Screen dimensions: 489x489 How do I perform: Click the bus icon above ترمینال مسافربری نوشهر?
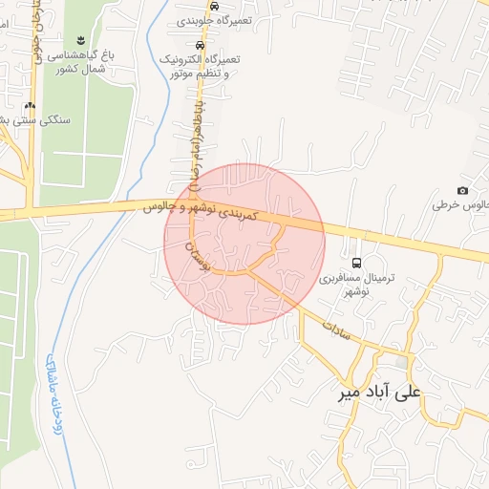point(356,263)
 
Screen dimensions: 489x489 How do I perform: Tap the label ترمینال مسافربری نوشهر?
point(356,284)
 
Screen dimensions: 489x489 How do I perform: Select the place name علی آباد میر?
point(382,392)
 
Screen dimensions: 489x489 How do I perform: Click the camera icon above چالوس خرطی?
point(463,191)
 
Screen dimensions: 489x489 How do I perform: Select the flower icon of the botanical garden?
point(79,40)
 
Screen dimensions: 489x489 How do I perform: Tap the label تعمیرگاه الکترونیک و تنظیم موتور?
point(203,65)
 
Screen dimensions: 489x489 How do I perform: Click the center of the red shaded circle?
point(244,244)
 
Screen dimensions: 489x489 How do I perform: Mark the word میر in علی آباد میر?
point(351,392)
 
